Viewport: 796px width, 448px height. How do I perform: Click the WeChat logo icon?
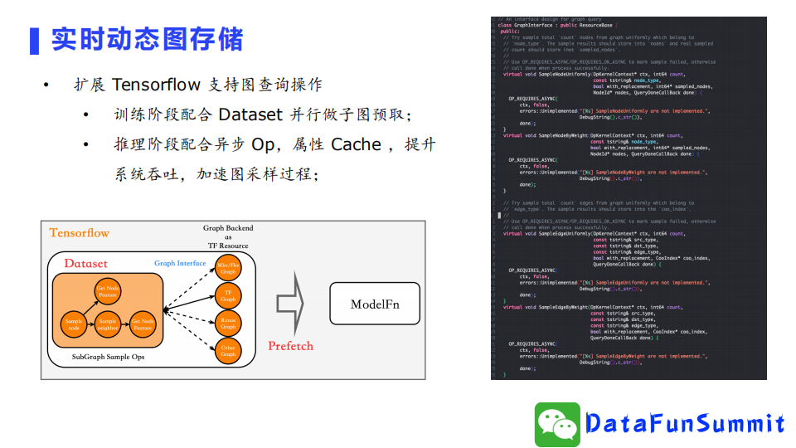(556, 424)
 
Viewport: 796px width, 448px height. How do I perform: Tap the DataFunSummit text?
(684, 424)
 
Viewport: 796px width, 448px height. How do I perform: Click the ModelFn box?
(375, 304)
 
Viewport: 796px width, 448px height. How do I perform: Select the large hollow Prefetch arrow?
(289, 304)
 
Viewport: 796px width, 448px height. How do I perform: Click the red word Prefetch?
(290, 345)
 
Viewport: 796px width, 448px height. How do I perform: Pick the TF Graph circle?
(228, 295)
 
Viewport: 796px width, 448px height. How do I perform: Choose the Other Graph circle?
(228, 350)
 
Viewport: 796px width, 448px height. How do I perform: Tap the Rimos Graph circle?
(228, 323)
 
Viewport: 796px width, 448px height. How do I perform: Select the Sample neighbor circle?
(109, 324)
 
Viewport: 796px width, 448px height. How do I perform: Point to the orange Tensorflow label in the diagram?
(79, 233)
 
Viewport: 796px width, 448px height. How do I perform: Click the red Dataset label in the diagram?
(85, 264)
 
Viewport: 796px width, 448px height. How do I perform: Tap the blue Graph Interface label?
(180, 263)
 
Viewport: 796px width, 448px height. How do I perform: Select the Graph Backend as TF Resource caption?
(228, 236)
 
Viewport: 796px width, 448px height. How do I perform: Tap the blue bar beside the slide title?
(34, 40)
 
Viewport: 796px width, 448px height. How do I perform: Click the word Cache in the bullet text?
(356, 144)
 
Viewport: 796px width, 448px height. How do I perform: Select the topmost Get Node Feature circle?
(109, 290)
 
